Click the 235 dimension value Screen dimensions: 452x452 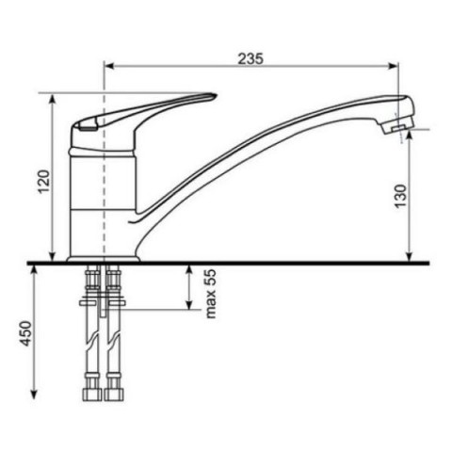click(250, 58)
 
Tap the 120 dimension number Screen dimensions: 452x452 click(44, 182)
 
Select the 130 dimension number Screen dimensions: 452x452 click(400, 196)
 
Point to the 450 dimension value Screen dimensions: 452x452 click(25, 333)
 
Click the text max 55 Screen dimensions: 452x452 click(211, 294)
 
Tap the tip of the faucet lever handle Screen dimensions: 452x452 click(216, 94)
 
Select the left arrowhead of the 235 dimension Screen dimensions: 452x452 click(108, 66)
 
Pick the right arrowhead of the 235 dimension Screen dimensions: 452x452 click(394, 66)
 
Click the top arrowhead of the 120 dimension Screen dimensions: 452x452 click(53, 98)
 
